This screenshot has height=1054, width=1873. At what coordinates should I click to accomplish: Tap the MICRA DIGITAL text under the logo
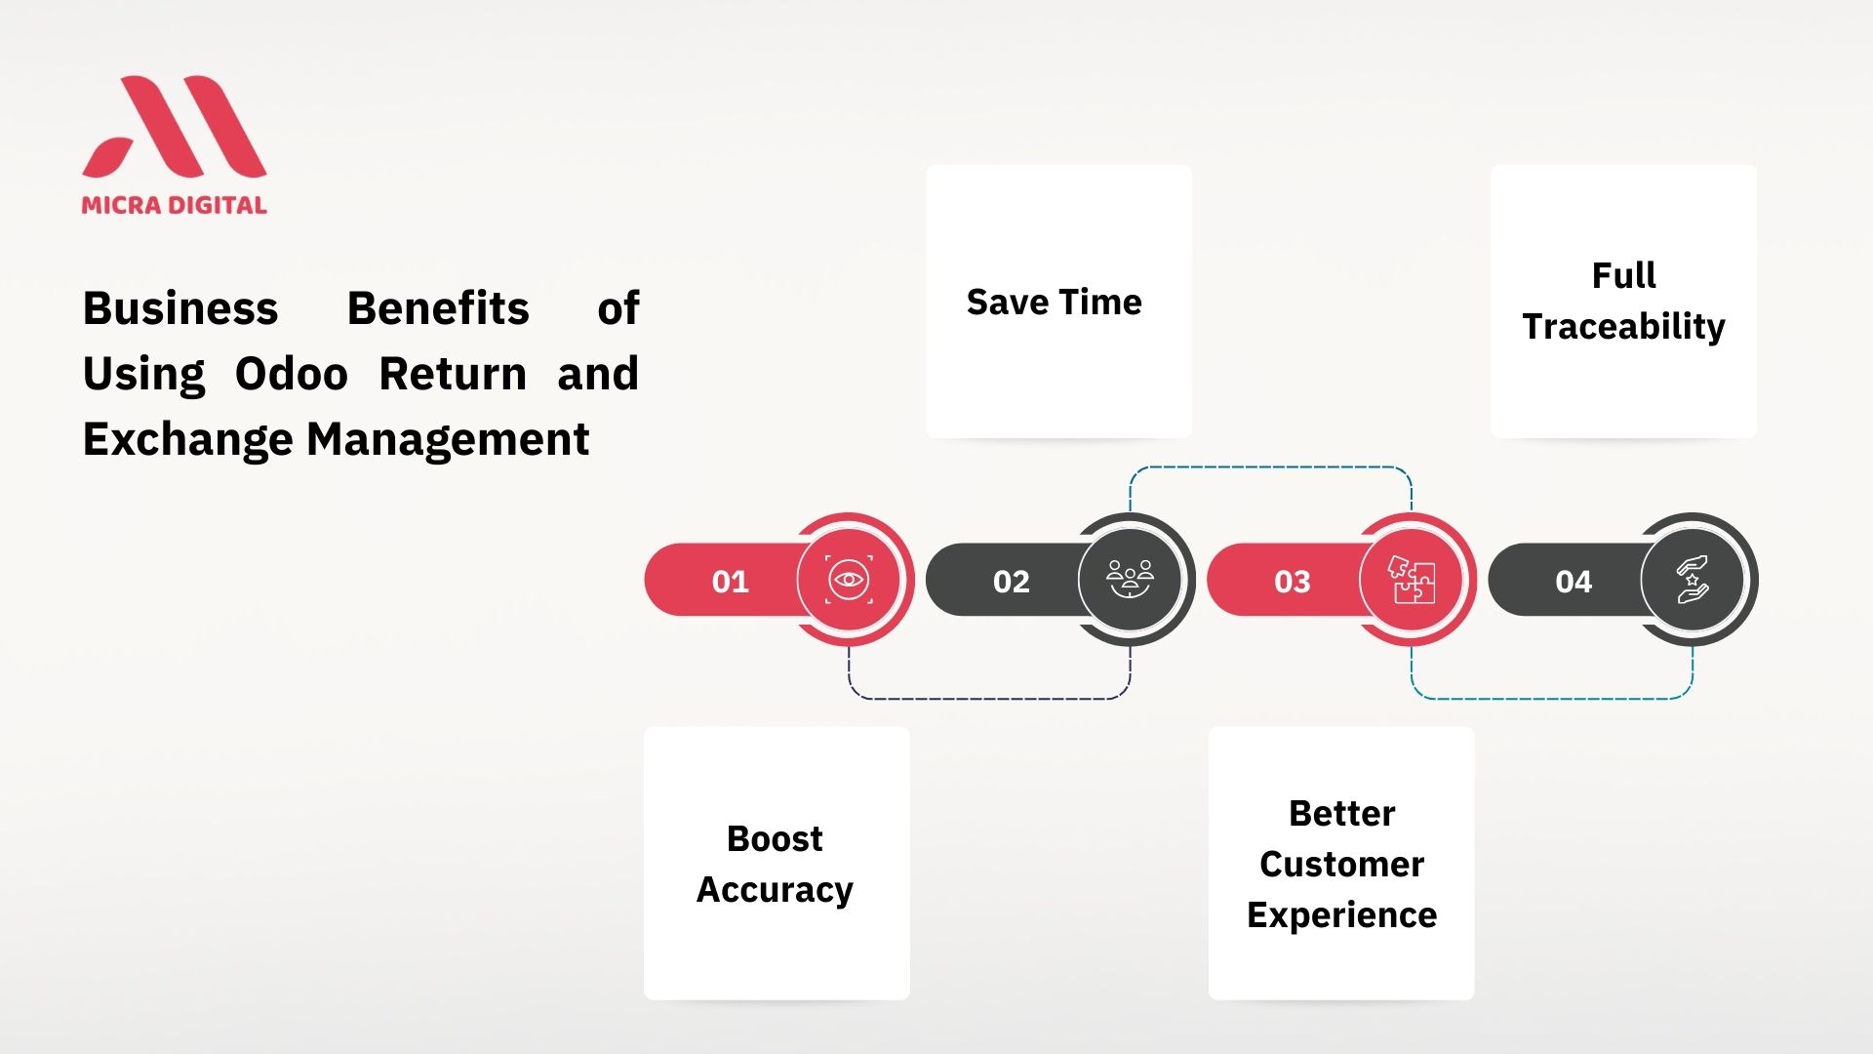coord(174,205)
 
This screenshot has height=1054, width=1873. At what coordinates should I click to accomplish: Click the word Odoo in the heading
coord(292,374)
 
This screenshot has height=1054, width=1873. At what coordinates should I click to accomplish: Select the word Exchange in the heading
coord(188,439)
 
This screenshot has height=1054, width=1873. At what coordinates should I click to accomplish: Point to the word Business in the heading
coord(180,308)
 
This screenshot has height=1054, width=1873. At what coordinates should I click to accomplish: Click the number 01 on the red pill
coord(730,582)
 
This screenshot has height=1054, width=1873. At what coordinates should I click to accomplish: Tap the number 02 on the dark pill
coord(1012,582)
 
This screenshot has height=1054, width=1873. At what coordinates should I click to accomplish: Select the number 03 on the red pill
coord(1293,582)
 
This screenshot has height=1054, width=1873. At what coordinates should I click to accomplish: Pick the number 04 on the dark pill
coord(1574,582)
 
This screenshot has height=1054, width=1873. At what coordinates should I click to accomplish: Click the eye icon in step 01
coord(849,580)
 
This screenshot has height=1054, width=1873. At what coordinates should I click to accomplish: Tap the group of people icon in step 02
coord(1130,579)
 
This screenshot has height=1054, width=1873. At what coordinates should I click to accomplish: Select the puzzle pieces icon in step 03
coord(1412,580)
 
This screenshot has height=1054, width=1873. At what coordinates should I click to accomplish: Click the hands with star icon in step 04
coord(1693,580)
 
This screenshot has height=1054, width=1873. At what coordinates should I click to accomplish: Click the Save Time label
coord(1055,303)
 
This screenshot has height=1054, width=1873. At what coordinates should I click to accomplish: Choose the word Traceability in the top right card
coord(1624,326)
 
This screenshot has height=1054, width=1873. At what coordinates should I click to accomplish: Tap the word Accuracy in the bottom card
coord(776,890)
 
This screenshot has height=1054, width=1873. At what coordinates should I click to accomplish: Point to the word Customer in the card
coord(1341,865)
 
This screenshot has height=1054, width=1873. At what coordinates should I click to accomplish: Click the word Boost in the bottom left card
coord(776,839)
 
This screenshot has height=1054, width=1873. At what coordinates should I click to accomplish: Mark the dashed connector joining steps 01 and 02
coord(989,699)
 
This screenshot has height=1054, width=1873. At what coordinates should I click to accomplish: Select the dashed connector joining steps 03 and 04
coord(1552,699)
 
